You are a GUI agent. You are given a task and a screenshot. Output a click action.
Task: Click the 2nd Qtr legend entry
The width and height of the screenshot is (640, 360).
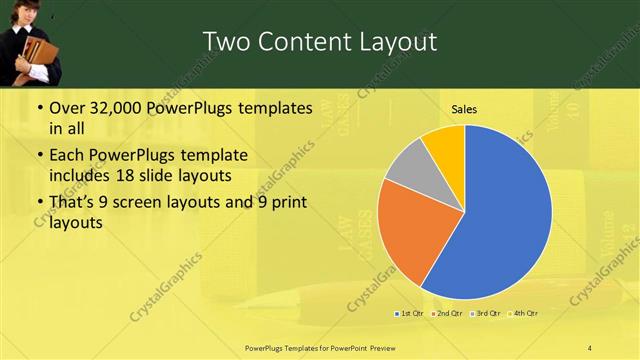(x=447, y=314)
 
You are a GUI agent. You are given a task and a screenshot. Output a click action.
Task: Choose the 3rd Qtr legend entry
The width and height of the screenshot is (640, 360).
(x=486, y=314)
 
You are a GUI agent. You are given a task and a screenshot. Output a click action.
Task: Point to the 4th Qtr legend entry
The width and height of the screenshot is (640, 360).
(x=524, y=314)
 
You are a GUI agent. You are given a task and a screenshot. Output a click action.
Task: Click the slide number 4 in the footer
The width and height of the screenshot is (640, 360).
(x=590, y=347)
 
